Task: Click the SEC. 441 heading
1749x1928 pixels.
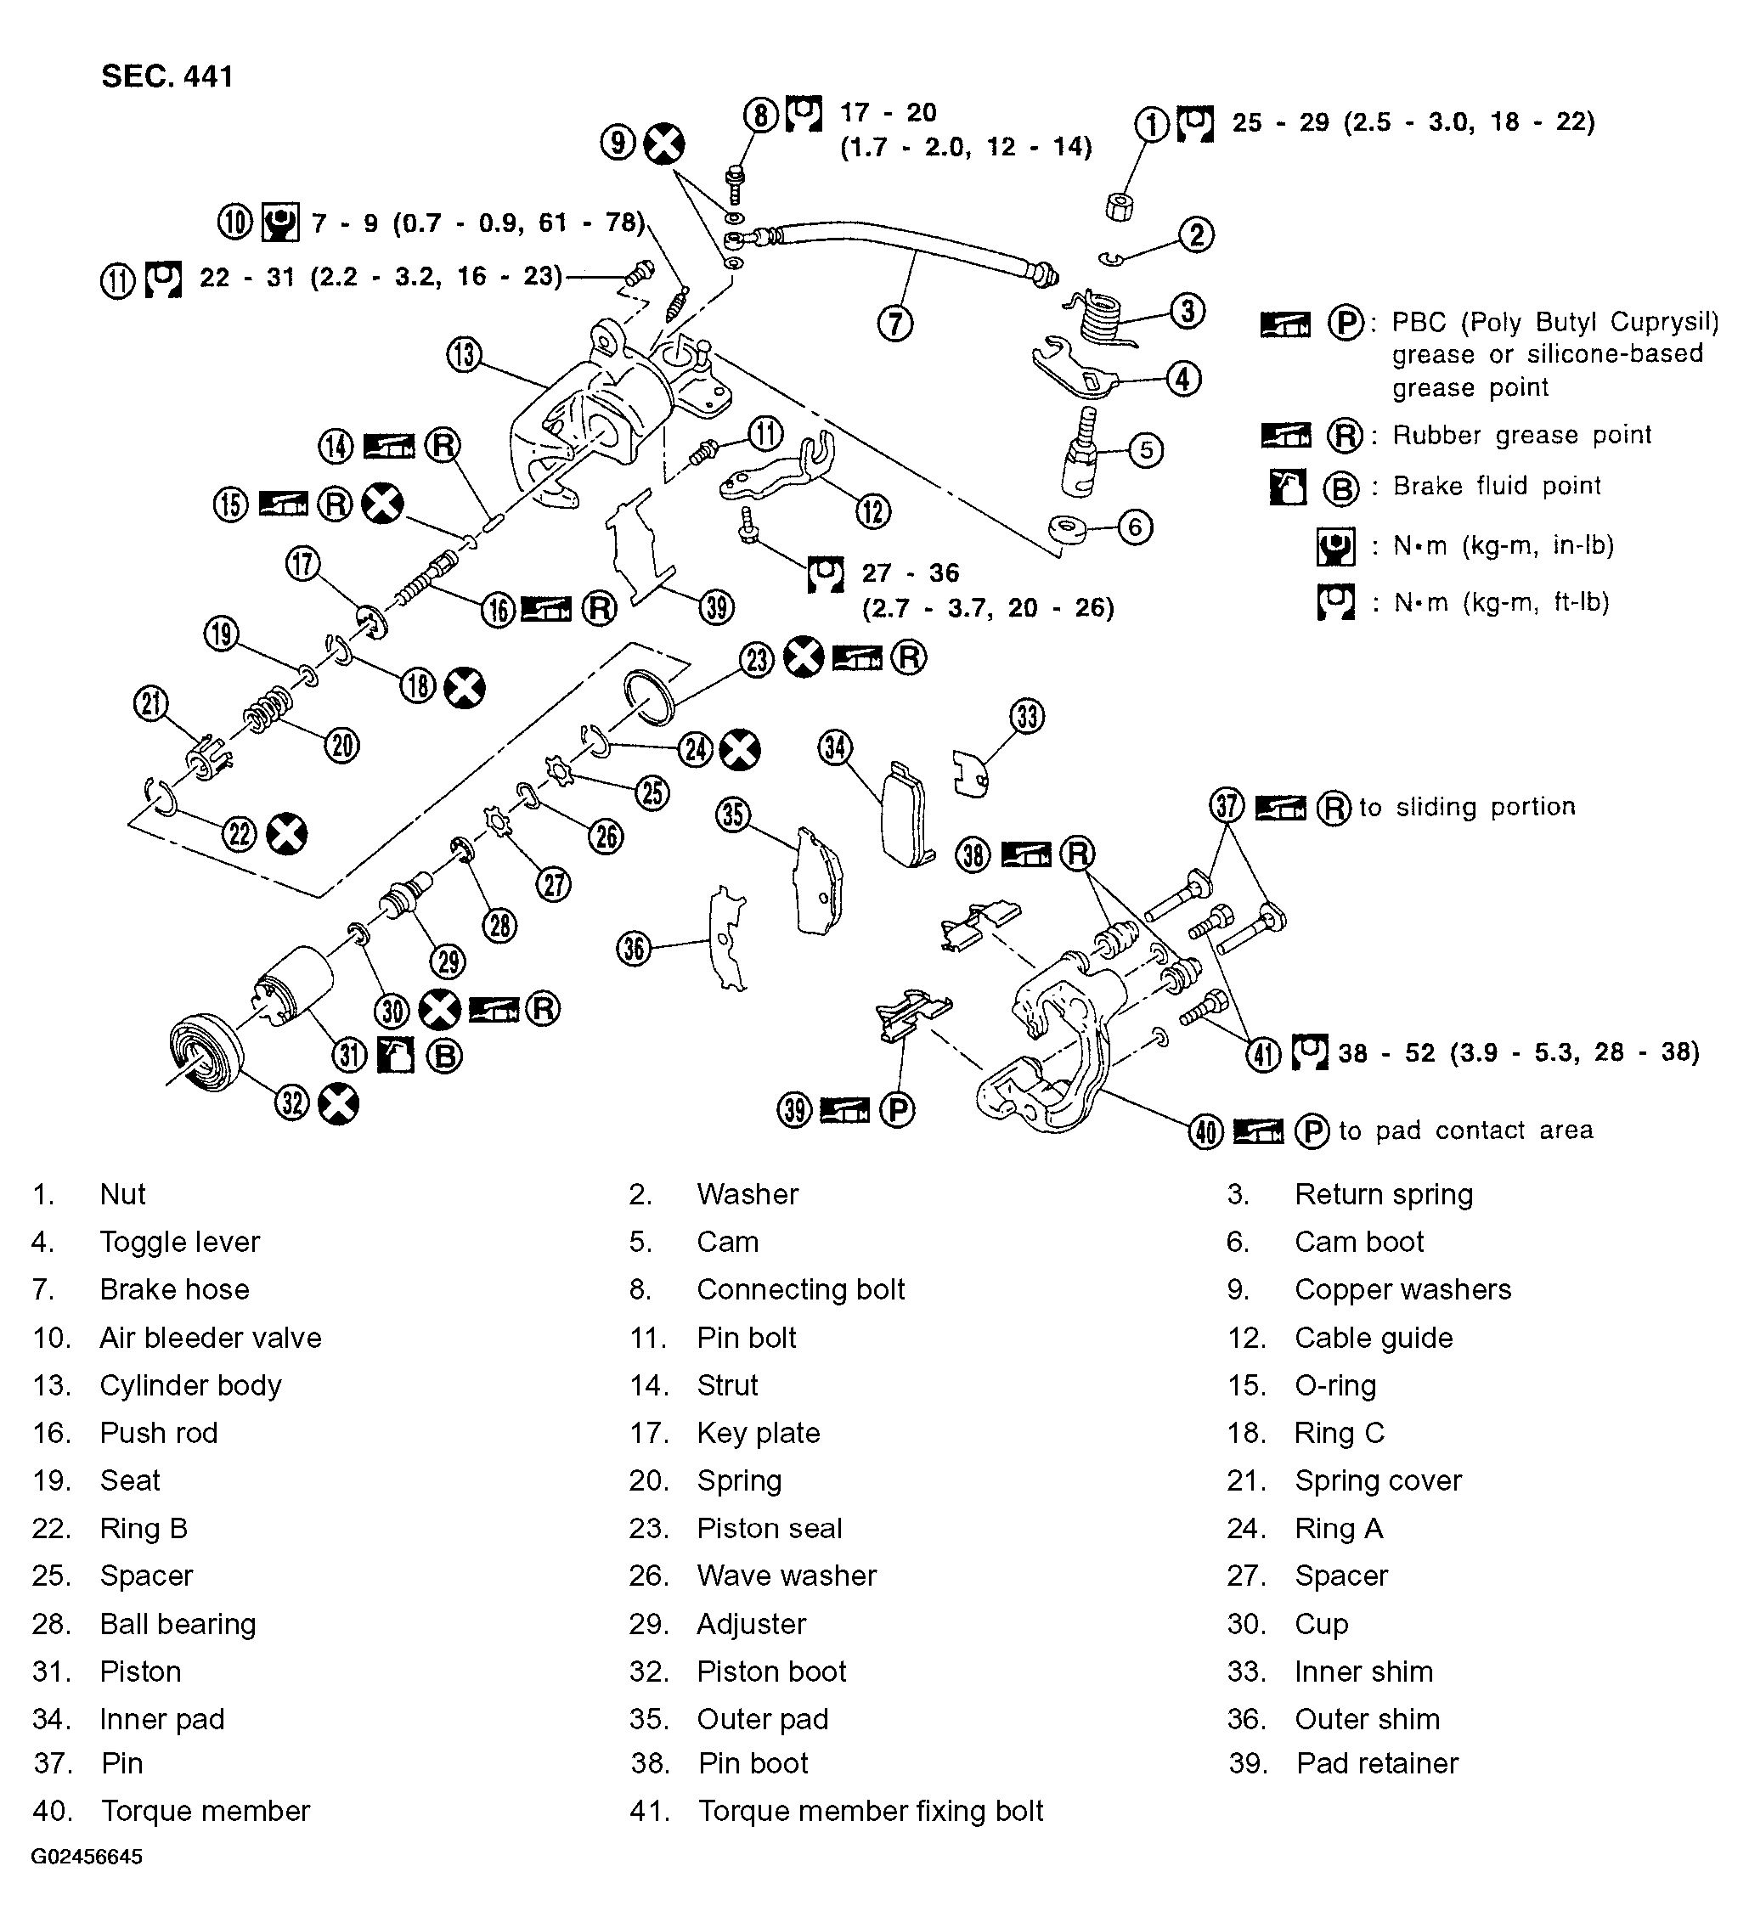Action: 167,76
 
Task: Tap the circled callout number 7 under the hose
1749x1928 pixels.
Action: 895,324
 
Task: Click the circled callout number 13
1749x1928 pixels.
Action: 464,355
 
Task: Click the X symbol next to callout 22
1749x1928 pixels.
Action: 286,834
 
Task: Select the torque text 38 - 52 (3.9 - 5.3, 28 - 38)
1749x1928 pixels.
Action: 1519,1053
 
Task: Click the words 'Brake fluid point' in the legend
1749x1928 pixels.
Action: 1496,486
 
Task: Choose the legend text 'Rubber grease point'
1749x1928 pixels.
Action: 1521,435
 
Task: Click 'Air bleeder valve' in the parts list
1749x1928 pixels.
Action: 211,1337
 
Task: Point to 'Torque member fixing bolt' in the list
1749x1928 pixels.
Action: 870,1811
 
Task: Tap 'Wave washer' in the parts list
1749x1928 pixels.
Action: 786,1576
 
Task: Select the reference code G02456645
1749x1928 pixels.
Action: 87,1883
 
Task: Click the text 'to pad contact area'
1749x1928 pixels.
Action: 1465,1130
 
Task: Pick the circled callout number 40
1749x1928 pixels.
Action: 1206,1132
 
